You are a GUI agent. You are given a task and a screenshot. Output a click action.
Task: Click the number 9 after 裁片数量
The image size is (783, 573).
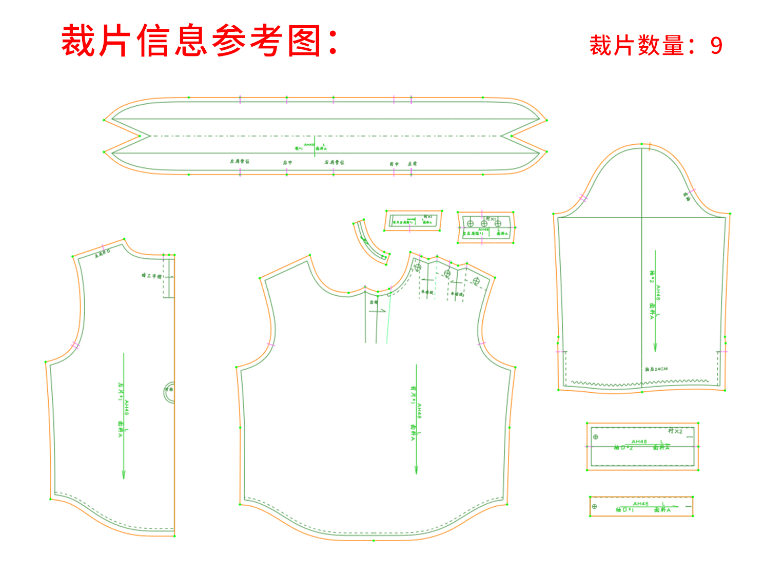(x=716, y=46)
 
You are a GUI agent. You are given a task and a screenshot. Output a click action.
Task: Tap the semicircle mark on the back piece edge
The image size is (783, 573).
(x=169, y=392)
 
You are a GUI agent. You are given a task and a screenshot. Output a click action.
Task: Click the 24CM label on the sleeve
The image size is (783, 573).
(x=660, y=369)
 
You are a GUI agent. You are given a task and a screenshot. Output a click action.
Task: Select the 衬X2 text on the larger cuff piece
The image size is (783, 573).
(x=675, y=431)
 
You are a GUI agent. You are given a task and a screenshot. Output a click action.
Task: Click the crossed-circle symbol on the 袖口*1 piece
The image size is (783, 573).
(x=594, y=507)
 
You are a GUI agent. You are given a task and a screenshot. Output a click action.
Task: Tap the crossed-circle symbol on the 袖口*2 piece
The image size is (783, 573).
(x=596, y=437)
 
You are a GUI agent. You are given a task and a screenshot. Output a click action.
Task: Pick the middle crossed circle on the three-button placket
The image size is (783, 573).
(x=484, y=223)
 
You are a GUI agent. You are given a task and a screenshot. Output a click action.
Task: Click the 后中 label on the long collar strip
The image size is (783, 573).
(x=287, y=162)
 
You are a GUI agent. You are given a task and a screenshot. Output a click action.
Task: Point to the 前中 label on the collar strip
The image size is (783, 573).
(x=394, y=164)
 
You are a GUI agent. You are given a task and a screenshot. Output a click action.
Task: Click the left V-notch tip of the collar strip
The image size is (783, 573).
(x=150, y=136)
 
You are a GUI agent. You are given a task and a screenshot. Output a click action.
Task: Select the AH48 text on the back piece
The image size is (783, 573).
(x=127, y=408)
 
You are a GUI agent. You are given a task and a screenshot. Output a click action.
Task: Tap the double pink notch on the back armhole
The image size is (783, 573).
(x=75, y=345)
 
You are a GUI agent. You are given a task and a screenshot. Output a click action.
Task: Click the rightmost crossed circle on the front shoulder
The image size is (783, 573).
(x=476, y=281)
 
